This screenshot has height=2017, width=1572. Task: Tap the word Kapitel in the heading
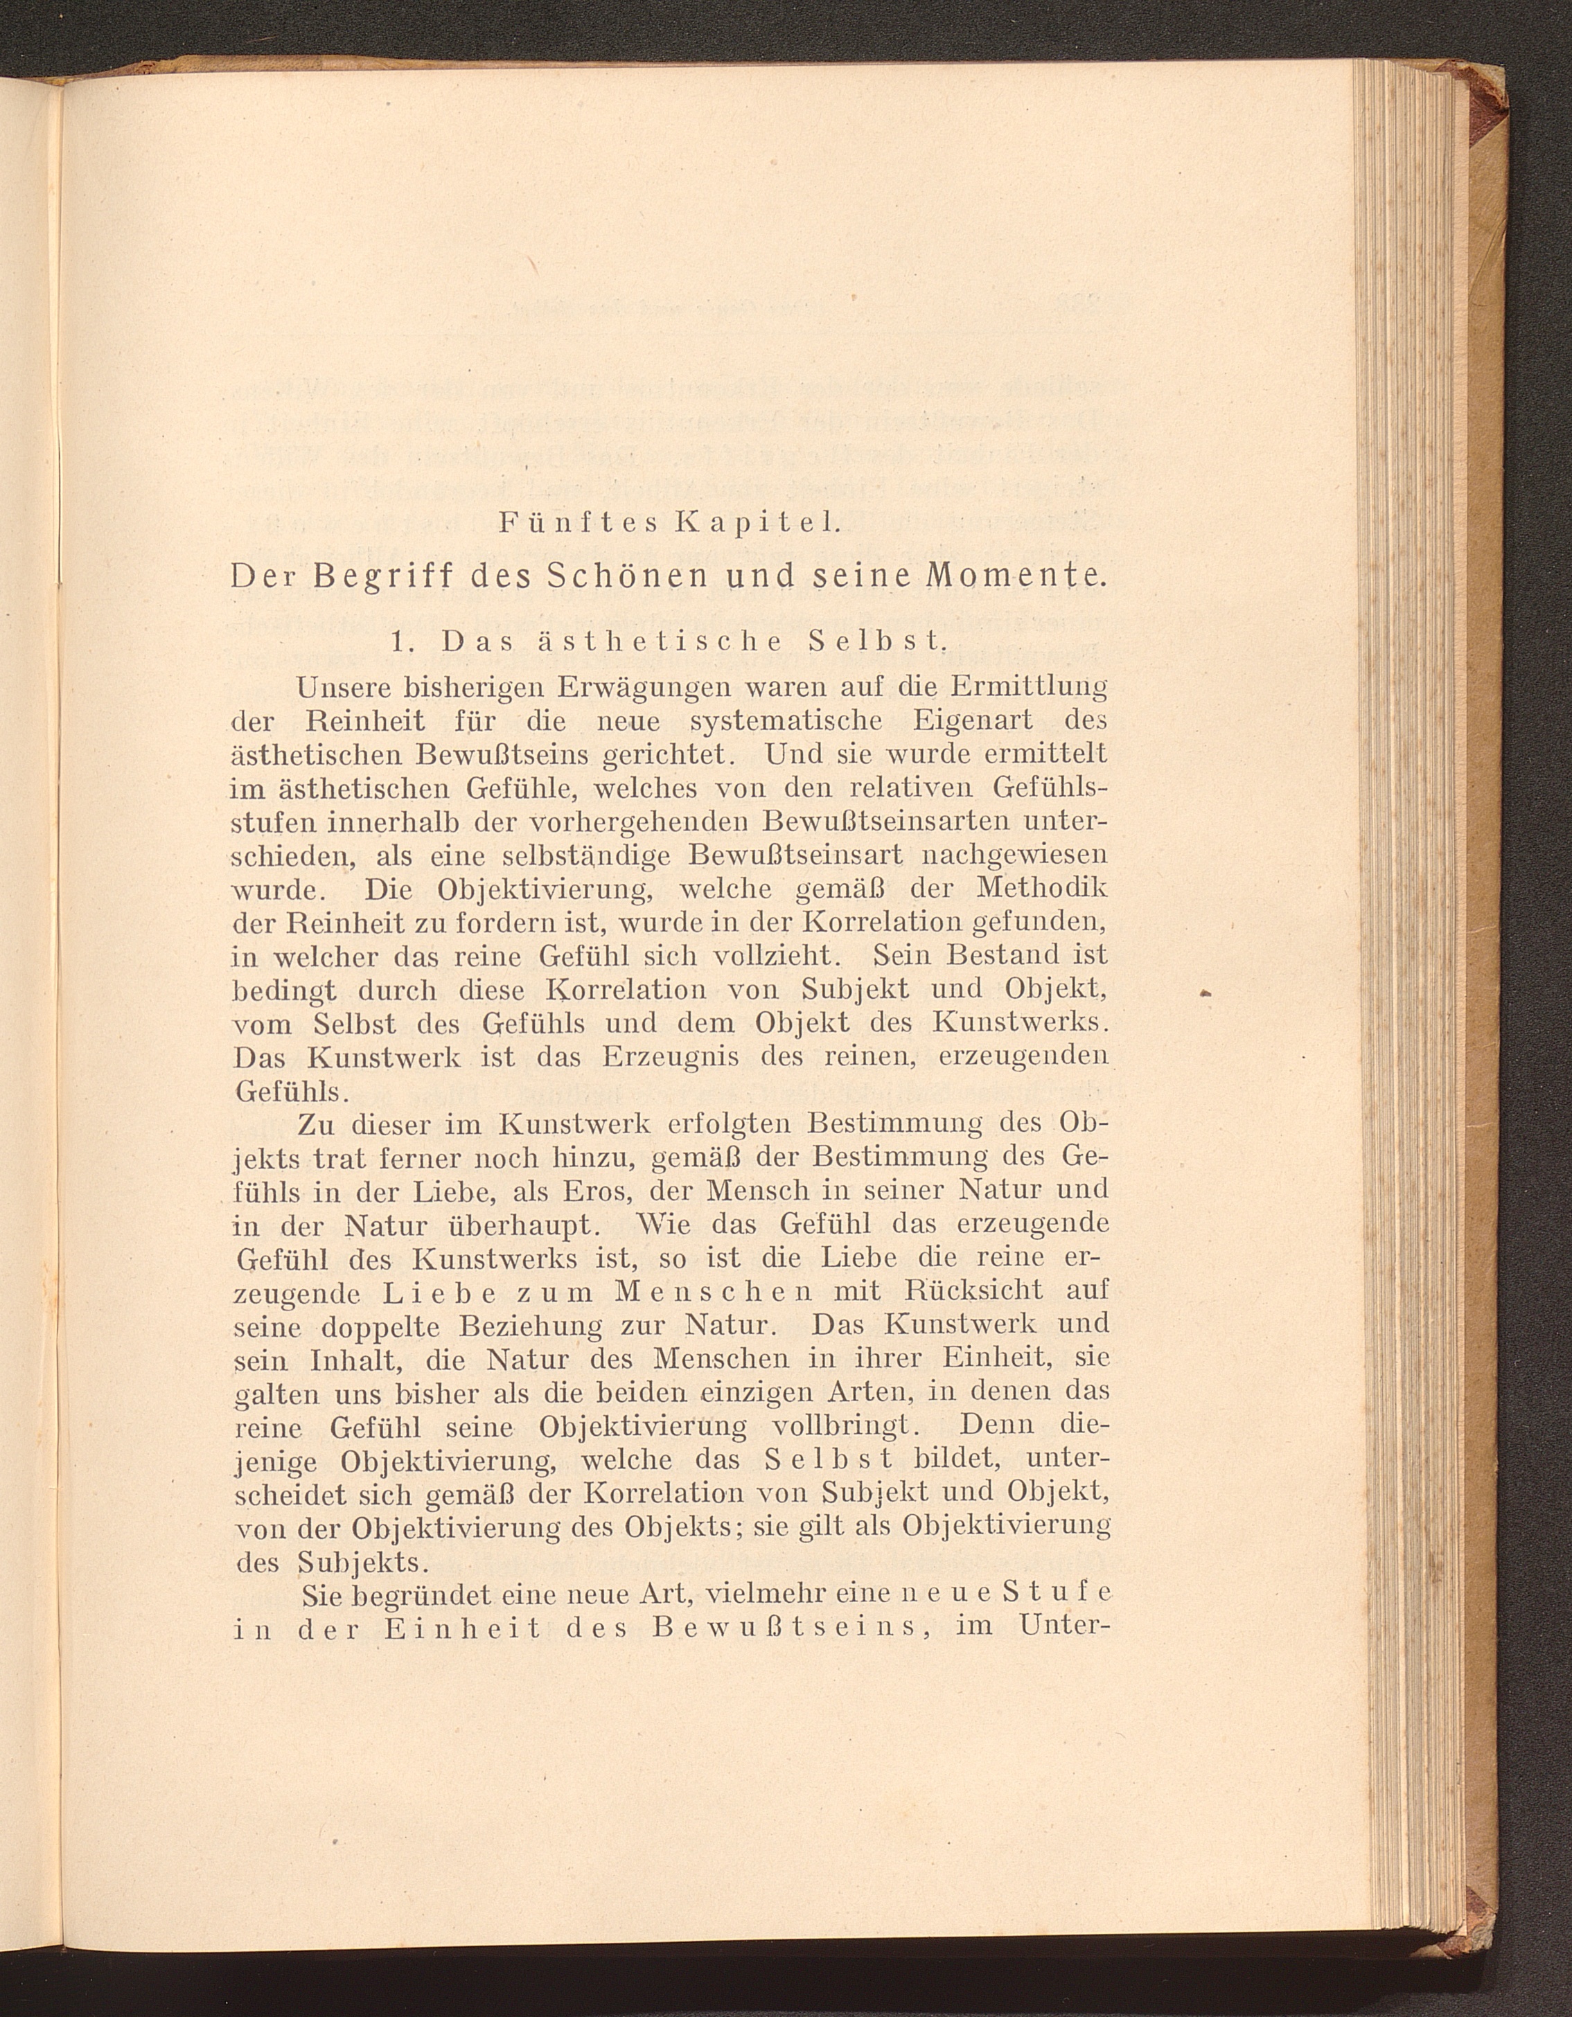756,524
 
